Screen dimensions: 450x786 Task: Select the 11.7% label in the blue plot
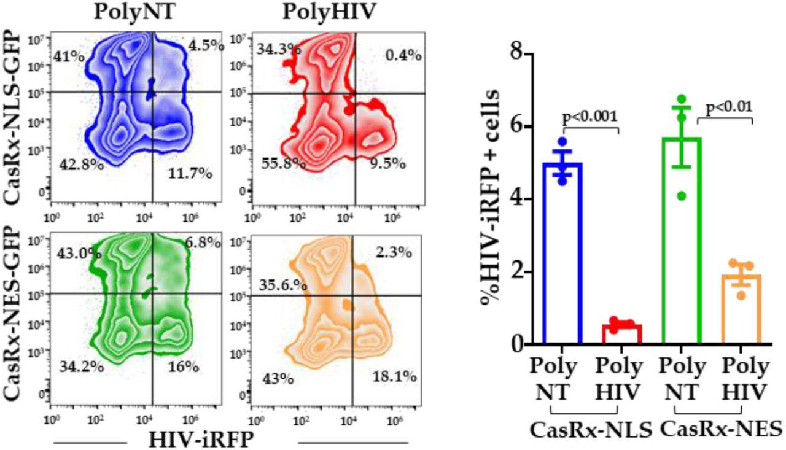point(190,174)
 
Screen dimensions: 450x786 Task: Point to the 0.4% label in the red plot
point(403,55)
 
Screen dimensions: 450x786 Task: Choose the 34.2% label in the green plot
point(81,367)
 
